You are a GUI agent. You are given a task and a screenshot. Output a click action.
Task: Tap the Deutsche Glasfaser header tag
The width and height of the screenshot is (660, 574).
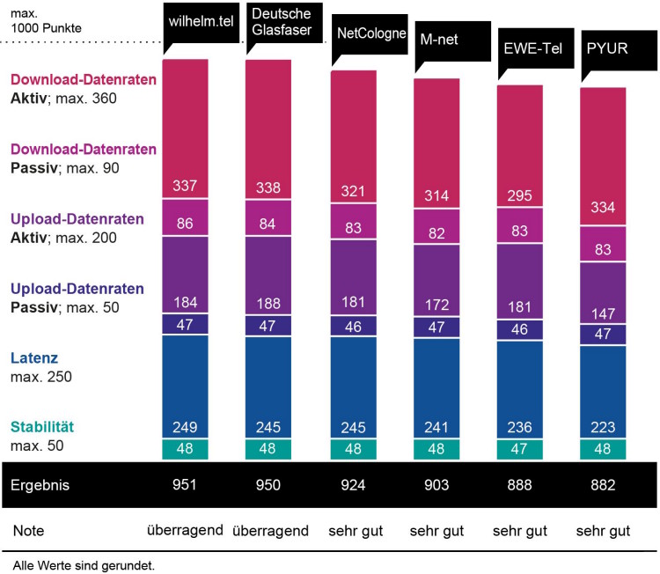click(x=283, y=20)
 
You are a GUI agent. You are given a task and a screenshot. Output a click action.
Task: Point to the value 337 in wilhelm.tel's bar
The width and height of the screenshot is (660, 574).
click(x=184, y=187)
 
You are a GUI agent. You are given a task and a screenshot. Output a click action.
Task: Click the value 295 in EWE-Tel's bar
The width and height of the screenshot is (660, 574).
click(x=520, y=195)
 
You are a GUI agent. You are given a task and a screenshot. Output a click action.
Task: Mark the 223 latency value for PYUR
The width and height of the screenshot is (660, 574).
click(x=604, y=427)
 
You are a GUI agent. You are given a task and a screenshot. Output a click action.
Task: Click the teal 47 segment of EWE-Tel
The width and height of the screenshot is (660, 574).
click(x=520, y=448)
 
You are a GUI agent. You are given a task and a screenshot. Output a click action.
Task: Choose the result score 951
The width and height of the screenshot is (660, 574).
click(x=184, y=485)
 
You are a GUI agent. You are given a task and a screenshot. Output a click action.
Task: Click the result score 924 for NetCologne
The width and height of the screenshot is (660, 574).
click(x=352, y=485)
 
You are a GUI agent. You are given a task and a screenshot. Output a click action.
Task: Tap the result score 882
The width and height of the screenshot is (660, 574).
click(x=604, y=485)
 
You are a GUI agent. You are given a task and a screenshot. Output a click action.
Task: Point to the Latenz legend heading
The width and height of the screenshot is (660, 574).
click(x=34, y=359)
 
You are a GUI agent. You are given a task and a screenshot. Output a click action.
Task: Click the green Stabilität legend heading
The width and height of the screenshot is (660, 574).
click(x=42, y=428)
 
